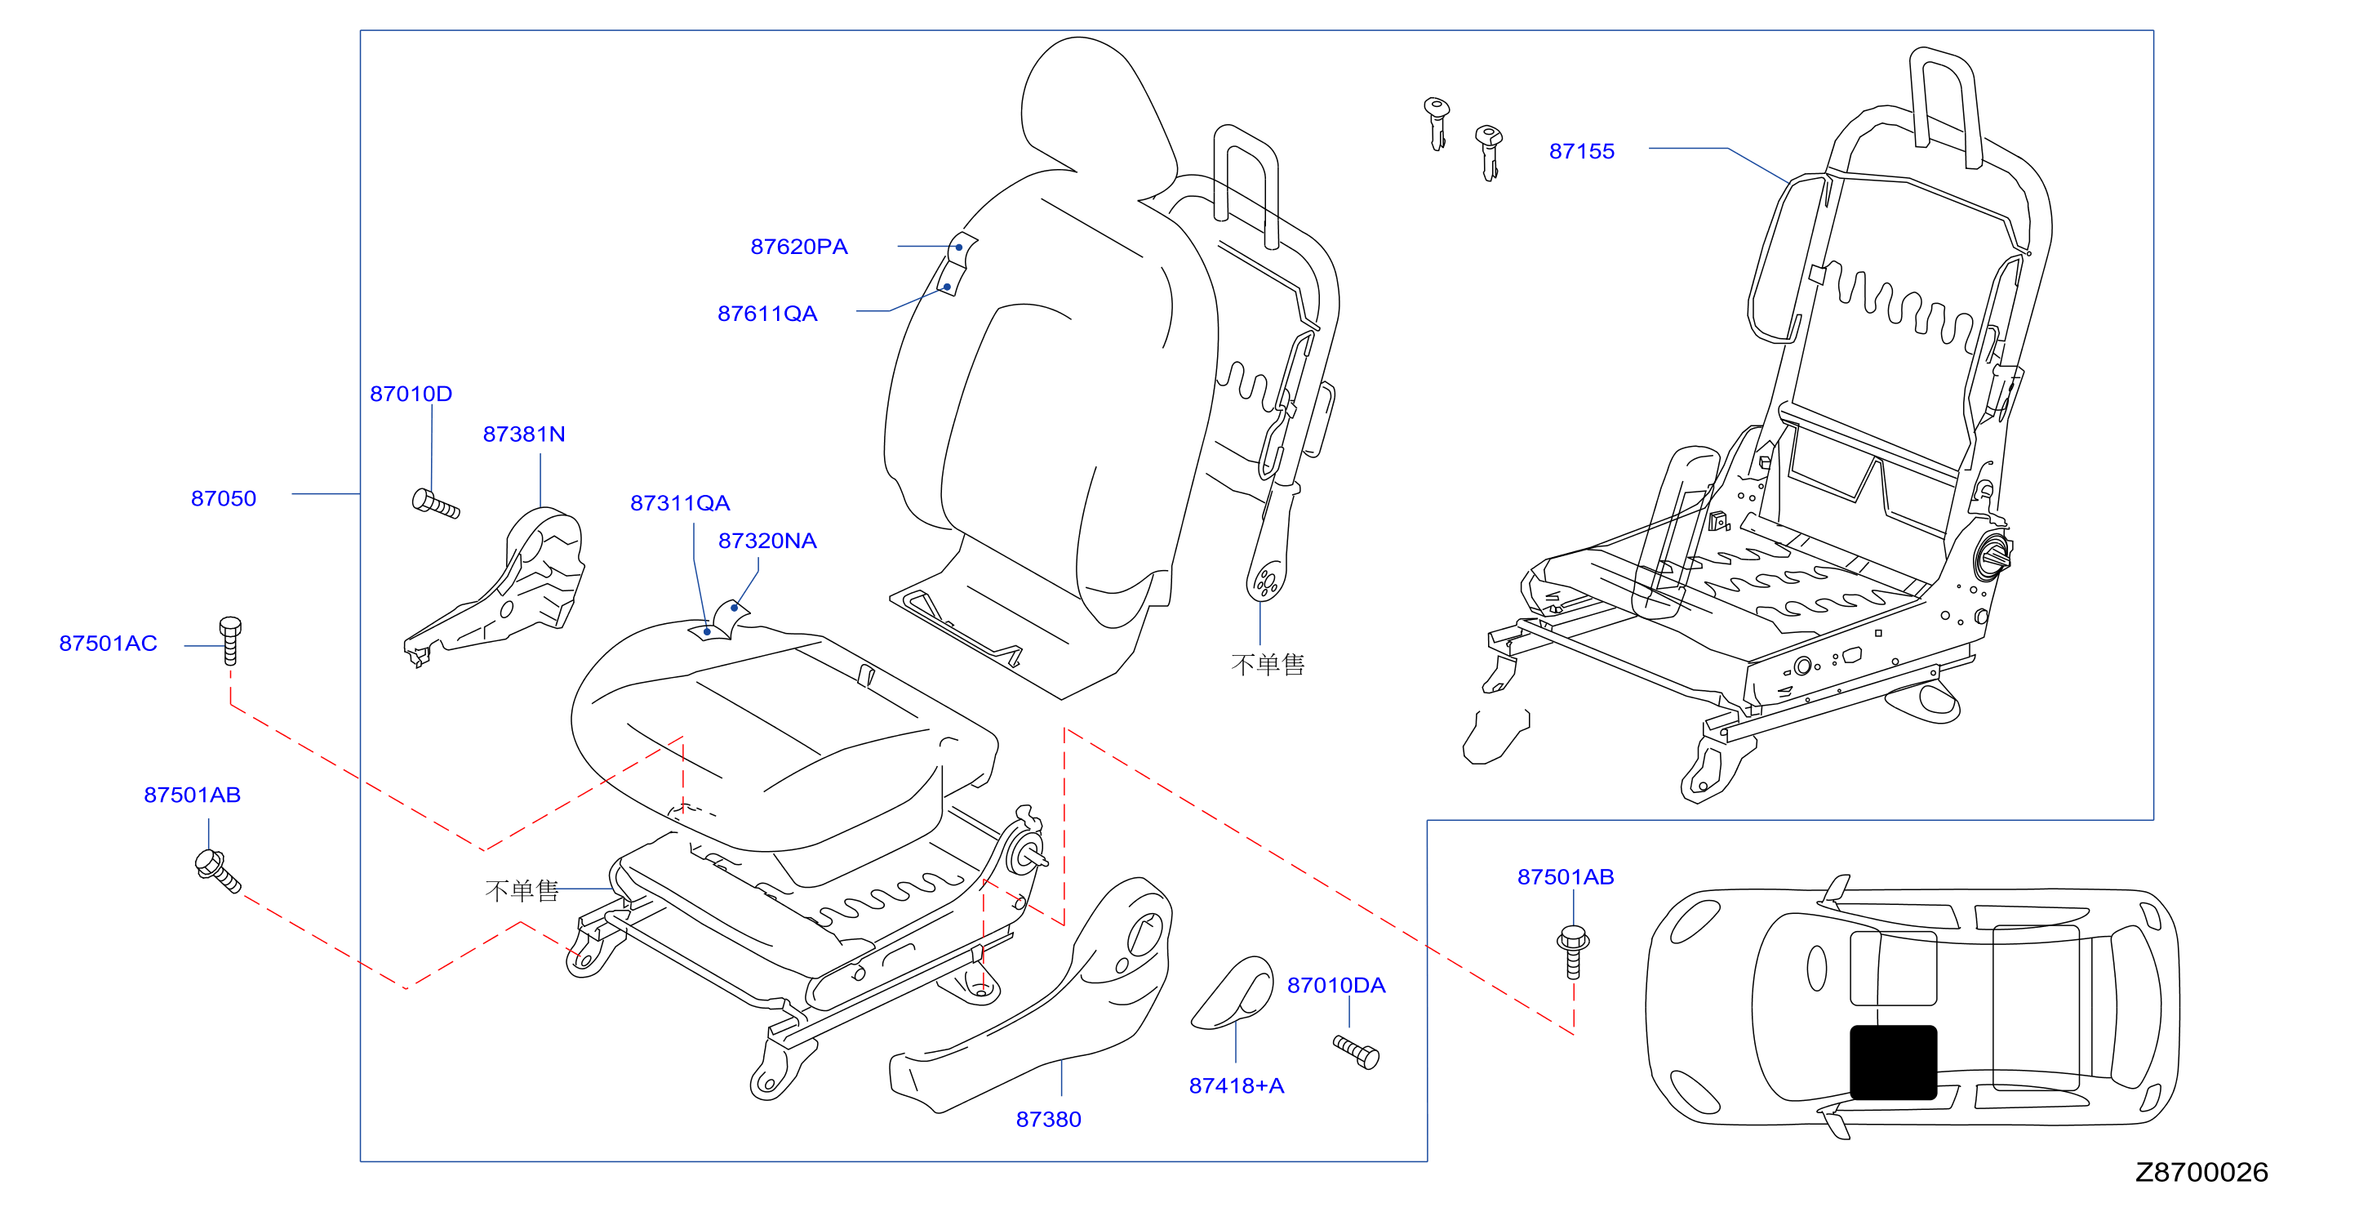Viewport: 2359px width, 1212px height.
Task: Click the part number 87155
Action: click(x=1582, y=151)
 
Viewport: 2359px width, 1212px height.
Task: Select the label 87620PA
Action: click(x=798, y=247)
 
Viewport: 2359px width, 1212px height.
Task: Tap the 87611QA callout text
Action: click(x=767, y=314)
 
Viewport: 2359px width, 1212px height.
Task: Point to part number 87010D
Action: click(x=411, y=394)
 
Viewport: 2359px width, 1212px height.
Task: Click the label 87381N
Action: click(x=524, y=434)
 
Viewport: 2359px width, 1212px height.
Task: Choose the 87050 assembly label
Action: click(x=224, y=498)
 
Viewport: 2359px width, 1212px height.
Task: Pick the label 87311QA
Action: click(x=681, y=503)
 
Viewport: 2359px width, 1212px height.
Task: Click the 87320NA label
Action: click(x=767, y=541)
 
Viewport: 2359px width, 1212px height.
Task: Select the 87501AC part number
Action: click(x=108, y=643)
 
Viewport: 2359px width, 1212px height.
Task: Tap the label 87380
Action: click(x=1049, y=1120)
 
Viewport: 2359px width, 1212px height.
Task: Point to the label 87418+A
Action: click(x=1237, y=1085)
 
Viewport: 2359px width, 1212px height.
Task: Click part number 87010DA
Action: click(x=1336, y=986)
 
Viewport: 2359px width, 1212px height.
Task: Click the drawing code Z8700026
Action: click(x=2201, y=1172)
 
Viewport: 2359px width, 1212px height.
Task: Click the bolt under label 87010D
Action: click(x=436, y=504)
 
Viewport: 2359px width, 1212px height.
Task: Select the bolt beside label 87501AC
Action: click(x=230, y=640)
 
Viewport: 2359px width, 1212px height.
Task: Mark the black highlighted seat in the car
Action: click(x=1893, y=1063)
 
